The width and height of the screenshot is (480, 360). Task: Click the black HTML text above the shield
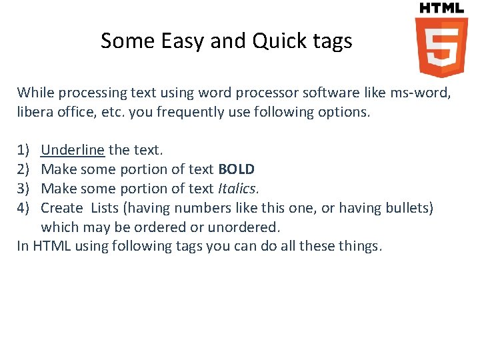pos(441,8)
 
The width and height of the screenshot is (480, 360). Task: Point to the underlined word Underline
pos(73,150)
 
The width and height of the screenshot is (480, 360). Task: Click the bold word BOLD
pos(236,169)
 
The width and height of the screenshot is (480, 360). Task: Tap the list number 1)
pos(23,150)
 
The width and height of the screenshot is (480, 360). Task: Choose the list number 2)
pos(23,169)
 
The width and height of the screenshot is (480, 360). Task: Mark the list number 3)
pos(23,189)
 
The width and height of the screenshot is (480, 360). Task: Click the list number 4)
pos(23,208)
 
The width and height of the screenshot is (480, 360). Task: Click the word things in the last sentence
pos(361,246)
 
